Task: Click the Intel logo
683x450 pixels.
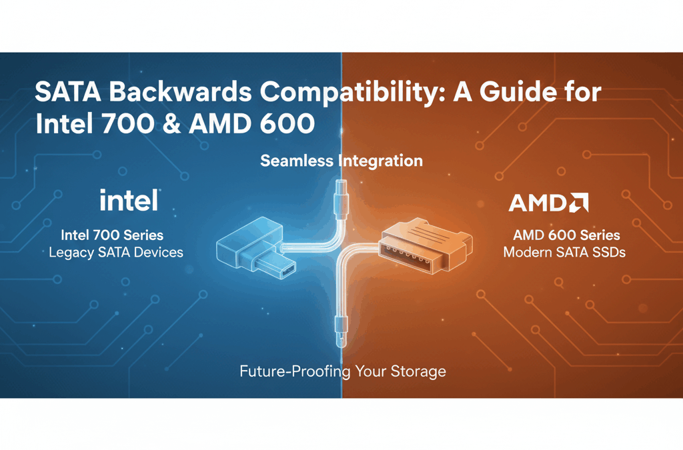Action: click(129, 200)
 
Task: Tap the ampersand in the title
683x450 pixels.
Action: click(171, 124)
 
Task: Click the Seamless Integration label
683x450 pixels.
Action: click(341, 161)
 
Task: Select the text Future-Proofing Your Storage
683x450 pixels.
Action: click(342, 371)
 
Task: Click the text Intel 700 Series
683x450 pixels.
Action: click(112, 235)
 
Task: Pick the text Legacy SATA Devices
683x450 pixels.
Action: click(116, 252)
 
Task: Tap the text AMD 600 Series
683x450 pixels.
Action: click(566, 235)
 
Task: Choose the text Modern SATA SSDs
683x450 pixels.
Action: click(564, 252)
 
